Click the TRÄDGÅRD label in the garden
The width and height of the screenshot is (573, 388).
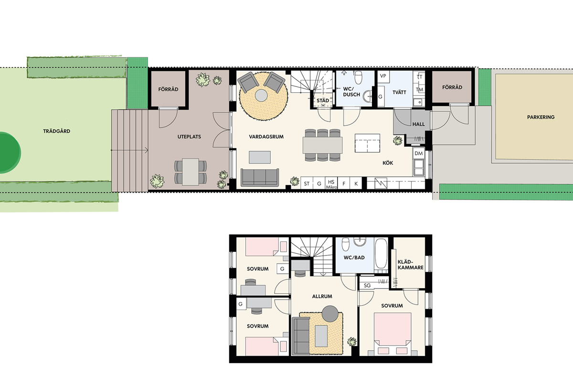click(56, 131)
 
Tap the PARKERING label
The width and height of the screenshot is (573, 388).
click(541, 117)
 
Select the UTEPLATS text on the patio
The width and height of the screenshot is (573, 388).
click(189, 137)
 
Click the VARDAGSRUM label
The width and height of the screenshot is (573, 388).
click(266, 137)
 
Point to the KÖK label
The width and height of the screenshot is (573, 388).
click(388, 163)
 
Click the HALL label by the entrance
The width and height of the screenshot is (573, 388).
click(418, 124)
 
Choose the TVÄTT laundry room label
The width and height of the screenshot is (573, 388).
click(399, 92)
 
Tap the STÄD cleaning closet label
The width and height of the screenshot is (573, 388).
click(323, 100)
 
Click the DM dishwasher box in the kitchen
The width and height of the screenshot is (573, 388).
click(418, 153)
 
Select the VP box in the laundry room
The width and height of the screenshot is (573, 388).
click(383, 76)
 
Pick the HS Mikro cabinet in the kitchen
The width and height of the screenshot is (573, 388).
click(331, 183)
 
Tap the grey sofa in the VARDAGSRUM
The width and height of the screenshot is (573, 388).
click(260, 177)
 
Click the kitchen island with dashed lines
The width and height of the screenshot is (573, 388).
click(367, 143)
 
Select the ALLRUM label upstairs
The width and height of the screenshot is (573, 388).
click(322, 296)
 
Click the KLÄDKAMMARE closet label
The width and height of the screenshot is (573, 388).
click(410, 265)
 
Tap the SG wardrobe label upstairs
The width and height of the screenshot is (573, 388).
click(367, 285)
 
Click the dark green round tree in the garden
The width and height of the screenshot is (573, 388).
click(10, 153)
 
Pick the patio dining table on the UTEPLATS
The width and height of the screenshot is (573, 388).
click(191, 172)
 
